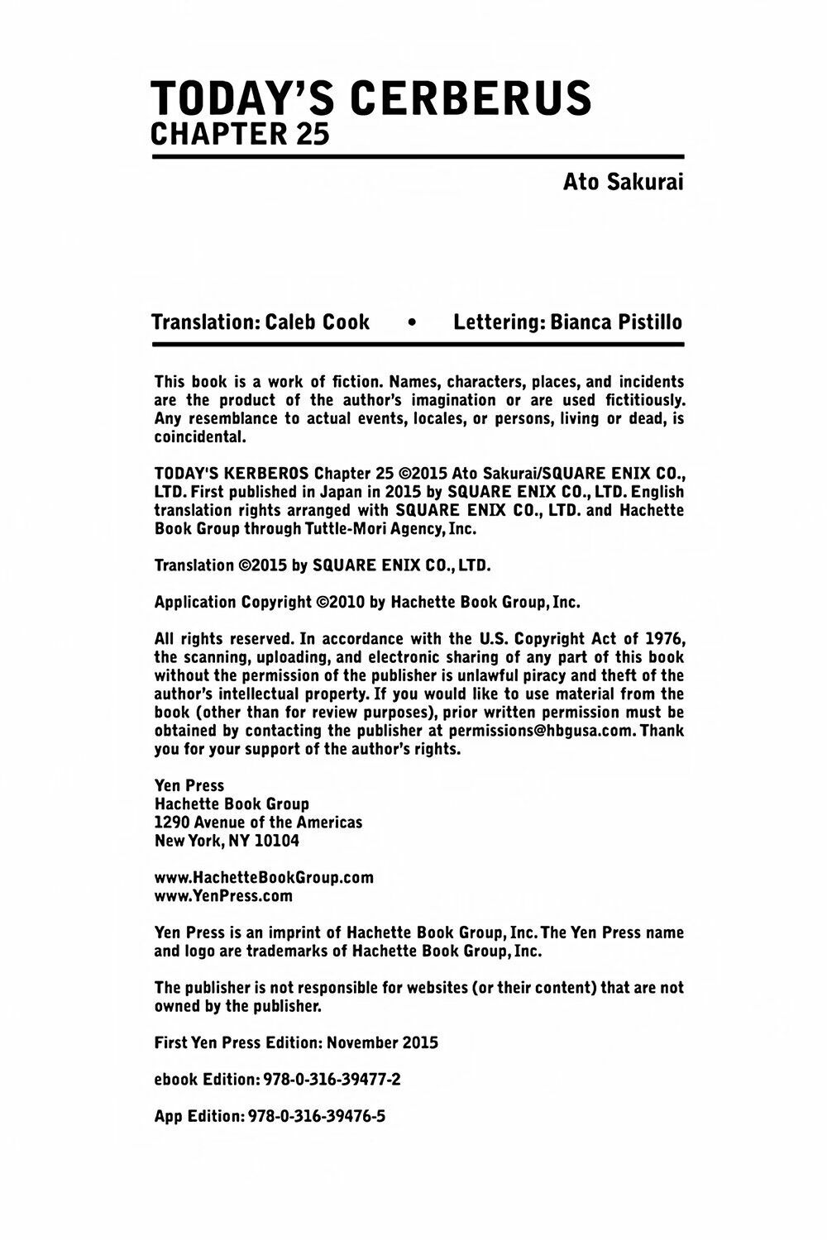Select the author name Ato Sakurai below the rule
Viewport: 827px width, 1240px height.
(623, 182)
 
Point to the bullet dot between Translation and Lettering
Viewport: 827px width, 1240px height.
(411, 322)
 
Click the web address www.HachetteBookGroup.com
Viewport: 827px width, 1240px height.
(264, 877)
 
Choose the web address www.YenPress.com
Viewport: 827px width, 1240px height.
(223, 895)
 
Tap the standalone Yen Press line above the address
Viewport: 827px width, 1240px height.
(189, 785)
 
